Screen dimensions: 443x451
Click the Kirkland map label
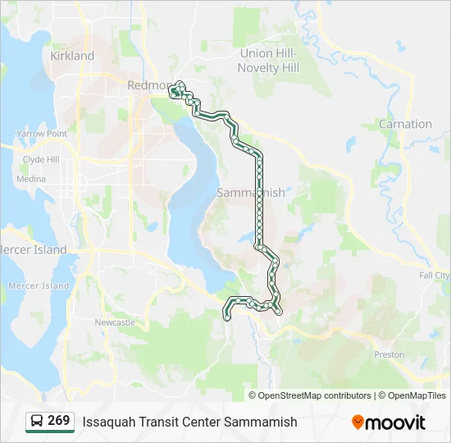[72, 56]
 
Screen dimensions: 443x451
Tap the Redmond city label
[149, 84]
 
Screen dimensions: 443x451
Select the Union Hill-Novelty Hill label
[268, 60]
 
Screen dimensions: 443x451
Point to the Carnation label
[405, 124]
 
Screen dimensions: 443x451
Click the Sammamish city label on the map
[251, 193]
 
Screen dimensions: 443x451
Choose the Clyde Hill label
[40, 160]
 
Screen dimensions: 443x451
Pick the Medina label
[31, 179]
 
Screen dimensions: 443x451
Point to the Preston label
[389, 354]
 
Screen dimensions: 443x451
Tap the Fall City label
[433, 276]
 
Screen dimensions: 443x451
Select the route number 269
[59, 421]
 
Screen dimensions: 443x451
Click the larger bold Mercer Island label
[33, 249]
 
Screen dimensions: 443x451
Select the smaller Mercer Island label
[39, 285]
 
